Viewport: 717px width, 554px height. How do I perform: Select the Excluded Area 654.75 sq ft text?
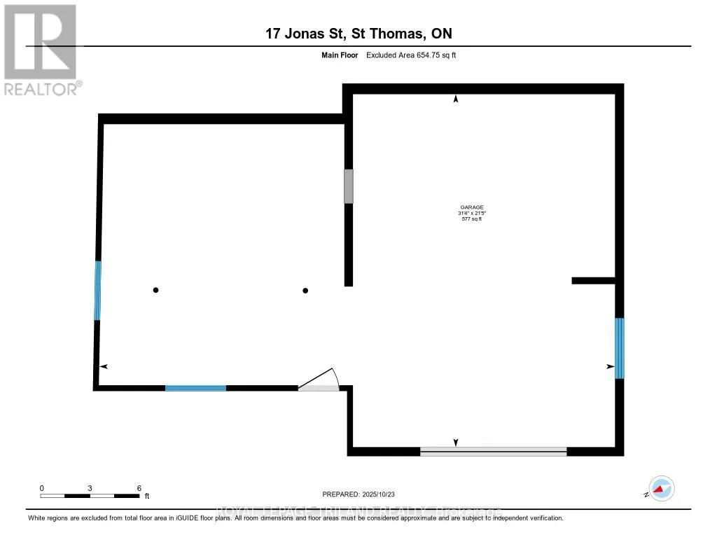pos(411,55)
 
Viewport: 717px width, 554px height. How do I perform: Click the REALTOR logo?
pos(41,50)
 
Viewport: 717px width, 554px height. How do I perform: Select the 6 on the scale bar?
pos(139,488)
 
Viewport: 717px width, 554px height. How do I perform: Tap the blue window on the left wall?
pos(98,290)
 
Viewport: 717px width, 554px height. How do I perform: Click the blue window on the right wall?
pos(619,348)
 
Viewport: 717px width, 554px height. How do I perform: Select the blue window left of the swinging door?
pos(195,387)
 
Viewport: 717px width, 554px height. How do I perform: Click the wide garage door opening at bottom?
pos(493,452)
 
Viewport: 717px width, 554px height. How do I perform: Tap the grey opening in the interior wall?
pos(348,186)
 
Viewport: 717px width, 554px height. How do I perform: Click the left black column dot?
pos(156,290)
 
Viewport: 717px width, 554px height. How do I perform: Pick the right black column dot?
pos(305,290)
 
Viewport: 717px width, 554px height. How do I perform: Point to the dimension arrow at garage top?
pos(457,99)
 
